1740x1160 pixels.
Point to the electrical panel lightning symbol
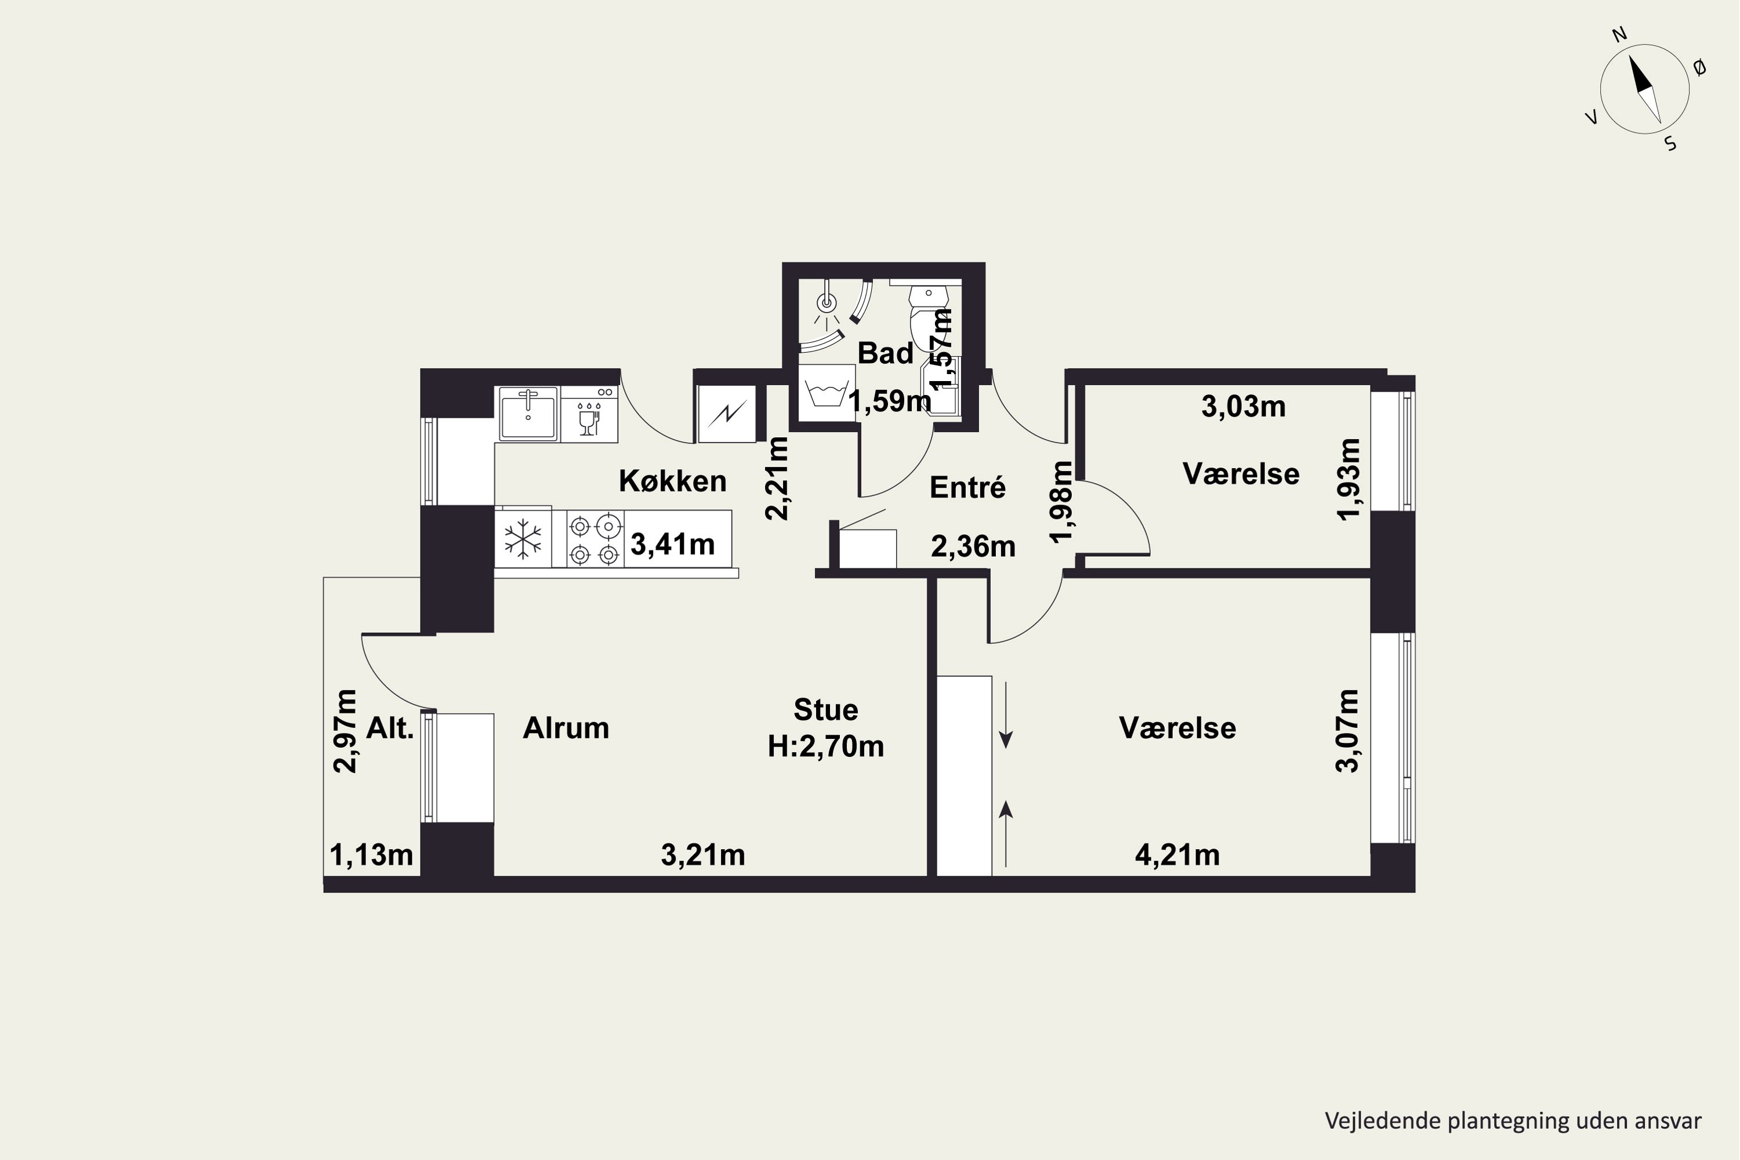(727, 414)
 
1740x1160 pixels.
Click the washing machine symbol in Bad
(827, 394)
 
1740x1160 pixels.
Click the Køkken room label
(672, 481)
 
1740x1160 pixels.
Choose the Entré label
(967, 488)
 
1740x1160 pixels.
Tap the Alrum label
(566, 728)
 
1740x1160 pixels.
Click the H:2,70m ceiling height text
(825, 746)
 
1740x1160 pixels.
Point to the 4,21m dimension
(1177, 855)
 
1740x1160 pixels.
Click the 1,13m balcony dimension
(371, 855)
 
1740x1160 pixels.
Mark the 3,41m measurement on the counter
(672, 545)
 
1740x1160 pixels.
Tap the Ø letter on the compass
(1699, 68)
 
